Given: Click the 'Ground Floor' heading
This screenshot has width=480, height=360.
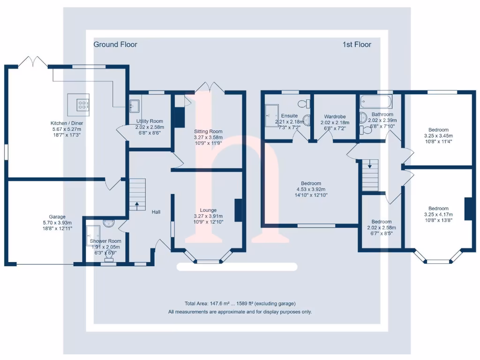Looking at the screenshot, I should tap(115, 45).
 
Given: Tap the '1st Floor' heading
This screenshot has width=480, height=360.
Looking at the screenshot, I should tap(357, 45).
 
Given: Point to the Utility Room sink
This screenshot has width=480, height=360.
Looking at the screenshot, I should tap(135, 105).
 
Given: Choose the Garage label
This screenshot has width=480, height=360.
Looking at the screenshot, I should tap(58, 217).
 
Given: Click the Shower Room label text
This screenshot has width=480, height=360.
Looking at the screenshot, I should tap(105, 241).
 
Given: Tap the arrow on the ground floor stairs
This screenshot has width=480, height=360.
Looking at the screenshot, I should tap(137, 204).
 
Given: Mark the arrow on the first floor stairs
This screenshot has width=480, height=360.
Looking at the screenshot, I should tap(370, 165).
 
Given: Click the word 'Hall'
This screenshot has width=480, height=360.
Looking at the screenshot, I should tap(156, 212).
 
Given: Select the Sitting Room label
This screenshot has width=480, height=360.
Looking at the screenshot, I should tap(208, 132).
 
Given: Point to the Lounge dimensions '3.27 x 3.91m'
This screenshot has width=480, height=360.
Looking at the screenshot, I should tap(208, 216).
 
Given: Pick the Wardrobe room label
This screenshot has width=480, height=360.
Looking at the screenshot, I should tap(335, 117).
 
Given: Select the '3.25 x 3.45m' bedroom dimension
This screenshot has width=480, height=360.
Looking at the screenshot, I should tap(438, 136).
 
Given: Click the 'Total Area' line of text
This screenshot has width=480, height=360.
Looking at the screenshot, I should tap(240, 303).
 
